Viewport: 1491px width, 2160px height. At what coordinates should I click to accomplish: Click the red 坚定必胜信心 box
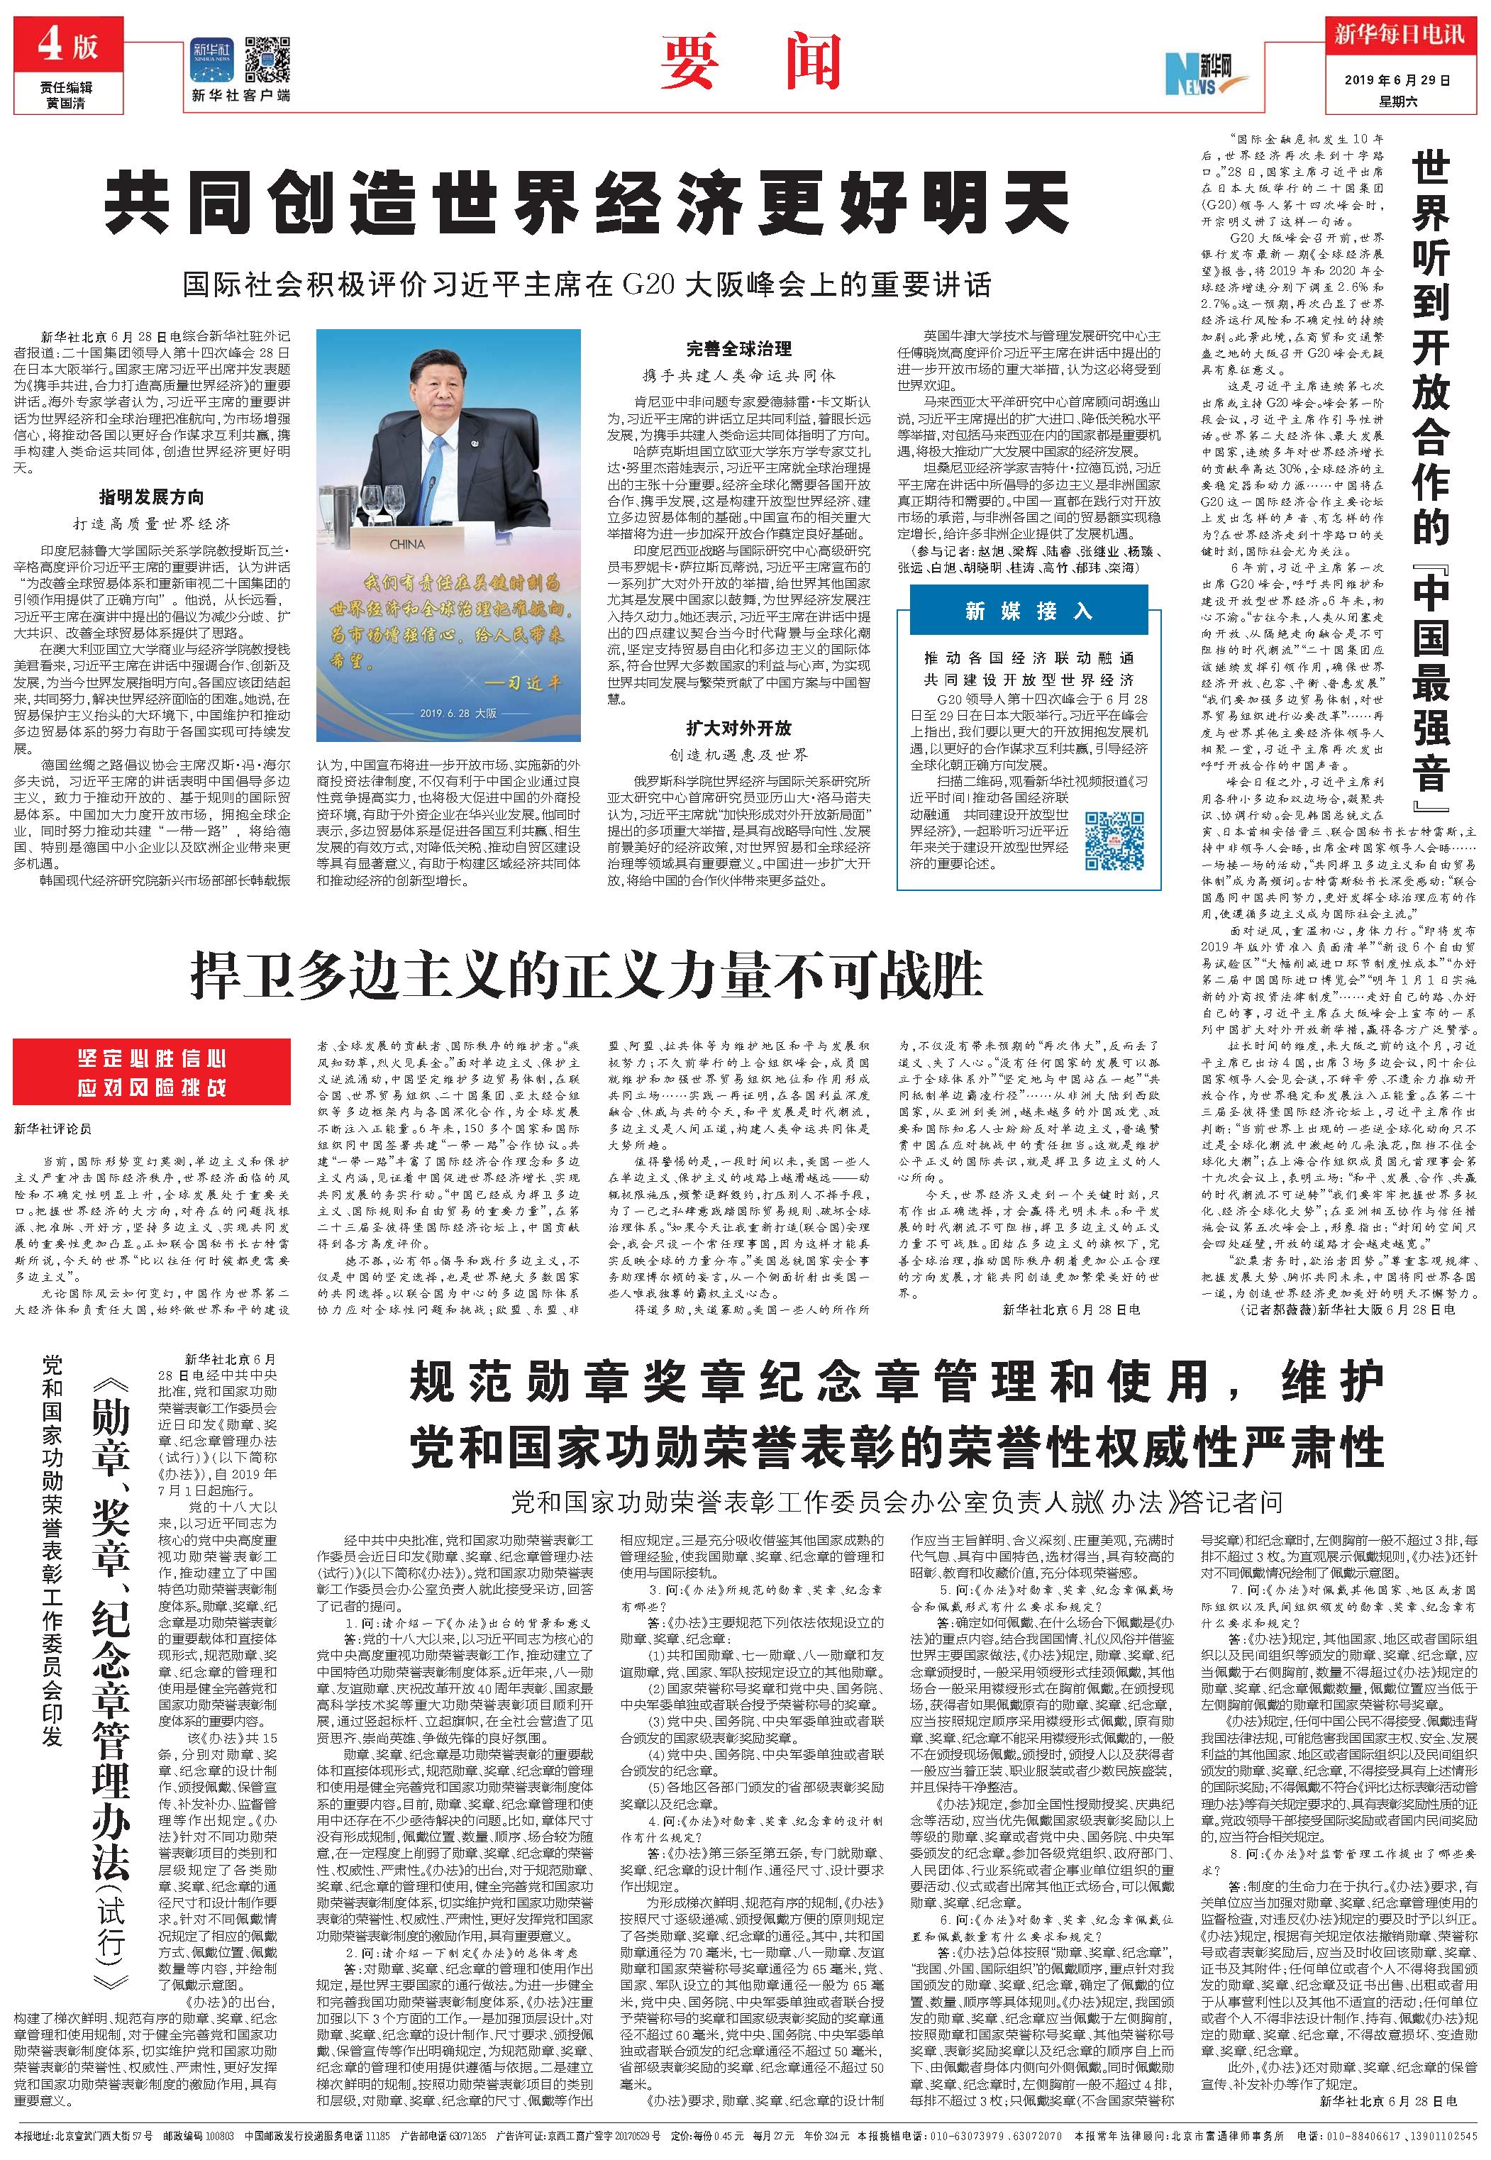point(151,1073)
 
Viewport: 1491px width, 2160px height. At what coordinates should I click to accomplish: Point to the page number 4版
point(68,44)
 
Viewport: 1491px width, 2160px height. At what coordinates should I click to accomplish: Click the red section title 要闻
point(746,58)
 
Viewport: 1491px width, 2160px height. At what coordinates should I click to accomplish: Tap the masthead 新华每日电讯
point(1399,35)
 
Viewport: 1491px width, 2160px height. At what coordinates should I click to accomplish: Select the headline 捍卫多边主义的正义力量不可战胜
point(587,975)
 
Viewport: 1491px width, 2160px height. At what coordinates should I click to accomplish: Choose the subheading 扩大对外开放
point(738,728)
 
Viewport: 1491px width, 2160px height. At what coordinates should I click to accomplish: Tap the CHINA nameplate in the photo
point(406,544)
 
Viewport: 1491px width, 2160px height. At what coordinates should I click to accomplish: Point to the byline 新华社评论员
point(53,1129)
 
